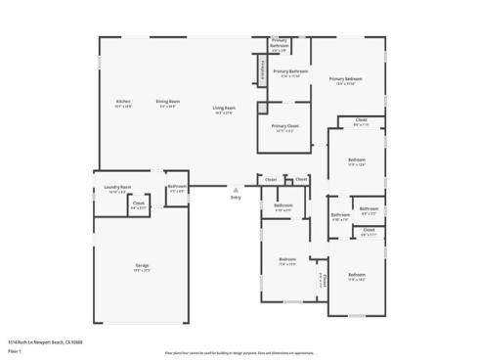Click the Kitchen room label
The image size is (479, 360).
[123, 102]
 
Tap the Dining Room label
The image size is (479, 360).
[168, 102]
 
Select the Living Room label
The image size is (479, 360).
[224, 109]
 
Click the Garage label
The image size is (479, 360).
[142, 266]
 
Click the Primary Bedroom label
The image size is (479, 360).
[345, 79]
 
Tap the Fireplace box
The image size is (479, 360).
[262, 69]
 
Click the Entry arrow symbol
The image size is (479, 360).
[235, 189]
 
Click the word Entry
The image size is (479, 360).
[235, 198]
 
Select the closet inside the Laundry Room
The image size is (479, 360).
[138, 204]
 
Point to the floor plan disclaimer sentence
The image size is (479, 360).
[239, 351]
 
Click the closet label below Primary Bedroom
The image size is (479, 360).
[361, 121]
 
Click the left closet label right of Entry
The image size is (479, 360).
[271, 180]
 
